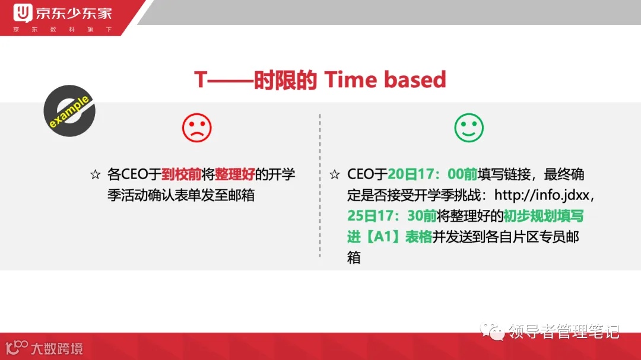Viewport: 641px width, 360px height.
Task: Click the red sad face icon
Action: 196,128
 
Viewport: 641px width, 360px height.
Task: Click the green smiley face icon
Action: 469,128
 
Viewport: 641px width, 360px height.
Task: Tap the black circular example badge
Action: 69,111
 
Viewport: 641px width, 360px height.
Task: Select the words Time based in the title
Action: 385,79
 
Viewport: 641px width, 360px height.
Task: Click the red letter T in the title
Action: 201,79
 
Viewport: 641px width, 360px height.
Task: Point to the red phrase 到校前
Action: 181,174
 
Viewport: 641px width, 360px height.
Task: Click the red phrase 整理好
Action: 234,174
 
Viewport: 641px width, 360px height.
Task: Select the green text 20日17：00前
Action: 433,174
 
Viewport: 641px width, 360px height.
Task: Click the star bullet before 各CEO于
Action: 95,175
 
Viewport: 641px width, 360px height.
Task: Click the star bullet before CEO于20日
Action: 335,175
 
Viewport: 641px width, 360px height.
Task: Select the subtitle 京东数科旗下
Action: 62,29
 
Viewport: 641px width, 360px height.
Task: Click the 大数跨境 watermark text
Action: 56,348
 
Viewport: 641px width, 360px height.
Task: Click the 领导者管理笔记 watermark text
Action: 563,331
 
